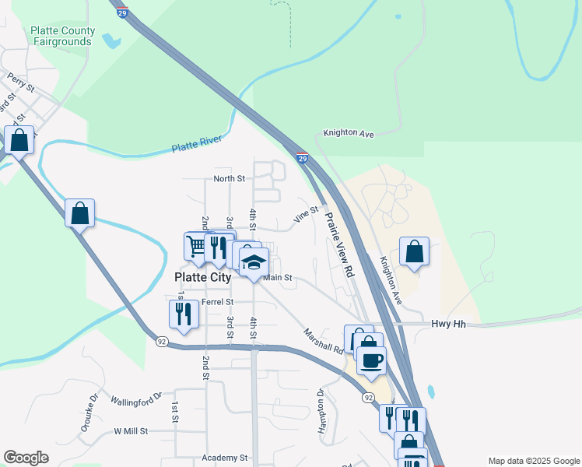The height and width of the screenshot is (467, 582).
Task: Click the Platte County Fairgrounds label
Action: (62, 36)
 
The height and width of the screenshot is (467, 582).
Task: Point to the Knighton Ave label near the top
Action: (349, 134)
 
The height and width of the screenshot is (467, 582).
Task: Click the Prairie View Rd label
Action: (339, 245)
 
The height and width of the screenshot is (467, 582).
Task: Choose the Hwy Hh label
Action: (448, 324)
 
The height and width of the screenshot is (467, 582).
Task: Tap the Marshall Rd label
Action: (324, 339)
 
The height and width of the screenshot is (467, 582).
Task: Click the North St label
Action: (230, 179)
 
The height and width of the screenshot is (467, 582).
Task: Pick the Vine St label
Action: (306, 215)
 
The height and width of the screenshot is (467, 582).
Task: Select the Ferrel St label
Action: (217, 302)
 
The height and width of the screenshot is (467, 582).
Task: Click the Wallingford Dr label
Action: (135, 401)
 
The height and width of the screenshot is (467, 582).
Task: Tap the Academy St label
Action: (224, 458)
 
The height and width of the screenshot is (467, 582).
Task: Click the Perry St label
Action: (21, 83)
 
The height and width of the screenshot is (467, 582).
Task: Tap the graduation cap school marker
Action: (254, 262)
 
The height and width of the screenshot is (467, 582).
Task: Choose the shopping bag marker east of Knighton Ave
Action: (415, 251)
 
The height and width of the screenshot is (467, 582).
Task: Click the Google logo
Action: (26, 458)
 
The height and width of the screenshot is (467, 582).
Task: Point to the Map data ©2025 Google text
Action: (533, 460)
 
